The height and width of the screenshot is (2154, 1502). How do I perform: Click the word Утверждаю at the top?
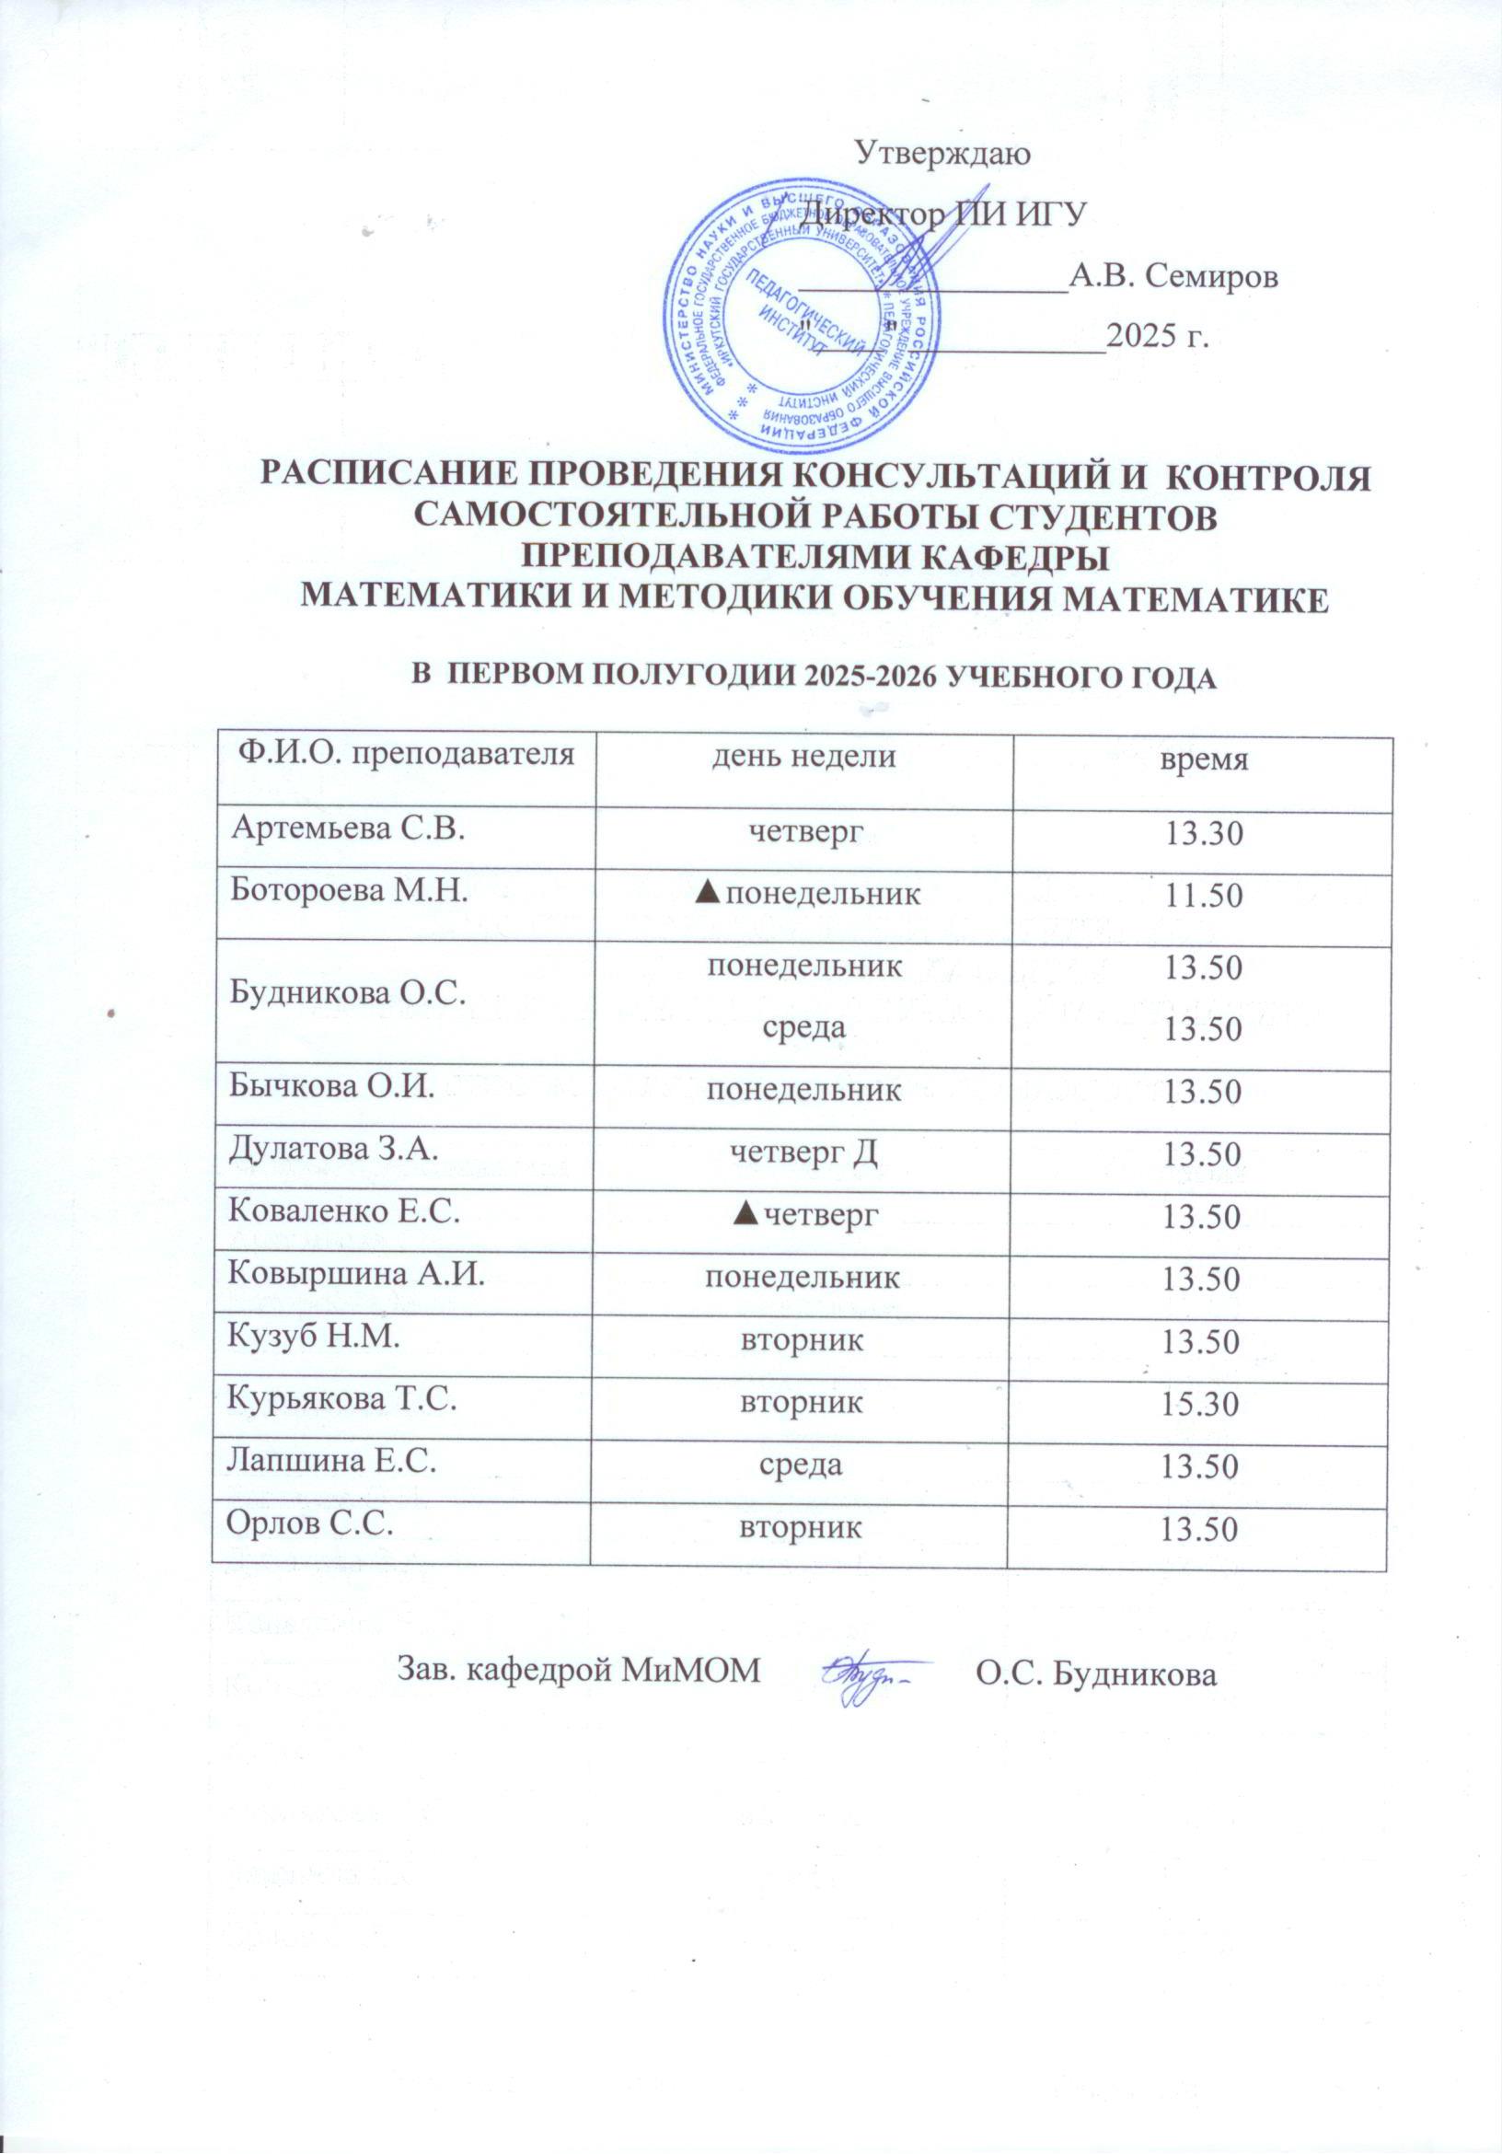(x=944, y=153)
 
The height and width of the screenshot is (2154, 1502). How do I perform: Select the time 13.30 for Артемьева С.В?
(x=1204, y=832)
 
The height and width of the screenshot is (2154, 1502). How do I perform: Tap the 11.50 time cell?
(x=1204, y=896)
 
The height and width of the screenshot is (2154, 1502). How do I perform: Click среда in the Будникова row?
(x=804, y=1026)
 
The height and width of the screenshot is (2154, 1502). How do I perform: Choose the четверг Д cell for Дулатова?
(x=804, y=1152)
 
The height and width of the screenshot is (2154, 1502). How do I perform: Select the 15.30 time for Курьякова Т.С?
(x=1202, y=1405)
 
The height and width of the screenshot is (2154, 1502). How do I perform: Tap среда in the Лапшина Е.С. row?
(x=803, y=1465)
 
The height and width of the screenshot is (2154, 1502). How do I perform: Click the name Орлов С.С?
(x=309, y=1524)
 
